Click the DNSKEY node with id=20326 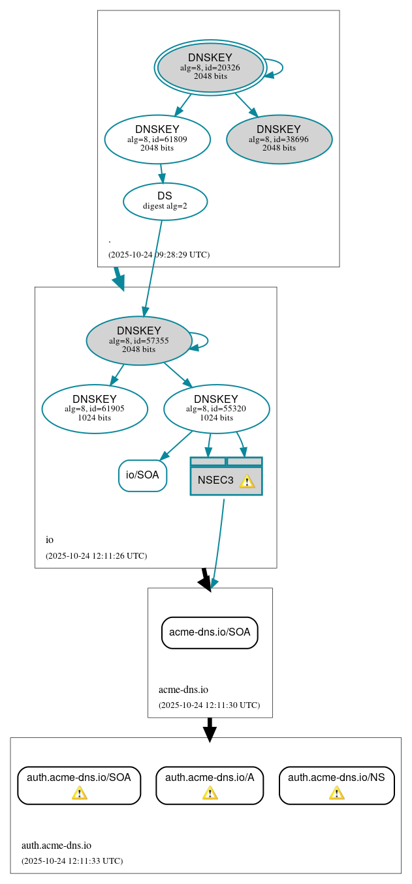(210, 67)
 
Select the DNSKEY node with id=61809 (157, 138)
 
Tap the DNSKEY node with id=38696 (279, 139)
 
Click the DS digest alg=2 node (165, 201)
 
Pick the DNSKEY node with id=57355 (138, 340)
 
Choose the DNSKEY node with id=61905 (95, 409)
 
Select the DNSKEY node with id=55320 (216, 409)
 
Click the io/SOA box (142, 475)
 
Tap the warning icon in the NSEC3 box (247, 481)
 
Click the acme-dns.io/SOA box (210, 632)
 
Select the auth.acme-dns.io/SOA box (79, 784)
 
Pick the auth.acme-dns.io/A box (210, 784)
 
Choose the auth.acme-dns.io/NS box (336, 784)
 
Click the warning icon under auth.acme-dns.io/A (210, 793)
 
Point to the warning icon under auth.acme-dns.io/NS (336, 793)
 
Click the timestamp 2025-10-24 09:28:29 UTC (159, 254)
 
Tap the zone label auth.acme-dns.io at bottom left (56, 846)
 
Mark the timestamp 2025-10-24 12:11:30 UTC (209, 705)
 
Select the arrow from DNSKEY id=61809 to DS (162, 173)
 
